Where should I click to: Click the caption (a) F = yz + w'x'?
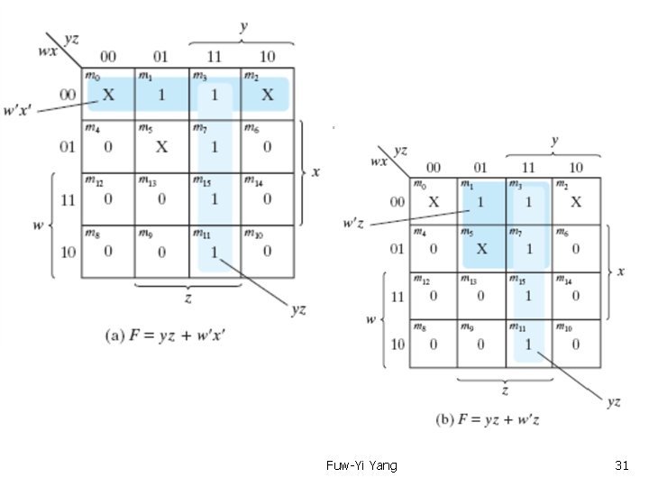point(167,335)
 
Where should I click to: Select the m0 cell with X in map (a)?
point(108,94)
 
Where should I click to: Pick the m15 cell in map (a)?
point(215,198)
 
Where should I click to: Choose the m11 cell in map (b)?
point(528,343)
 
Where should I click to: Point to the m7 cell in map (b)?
point(528,248)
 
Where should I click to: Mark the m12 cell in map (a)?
point(108,198)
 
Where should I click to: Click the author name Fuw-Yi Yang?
point(361,465)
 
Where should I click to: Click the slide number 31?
point(621,465)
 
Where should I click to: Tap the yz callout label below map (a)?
point(297,309)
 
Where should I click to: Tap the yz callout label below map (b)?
point(613,402)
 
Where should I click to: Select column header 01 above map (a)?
point(161,56)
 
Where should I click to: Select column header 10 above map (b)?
point(576,167)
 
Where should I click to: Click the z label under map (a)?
point(187,297)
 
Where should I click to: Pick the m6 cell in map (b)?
point(576,248)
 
